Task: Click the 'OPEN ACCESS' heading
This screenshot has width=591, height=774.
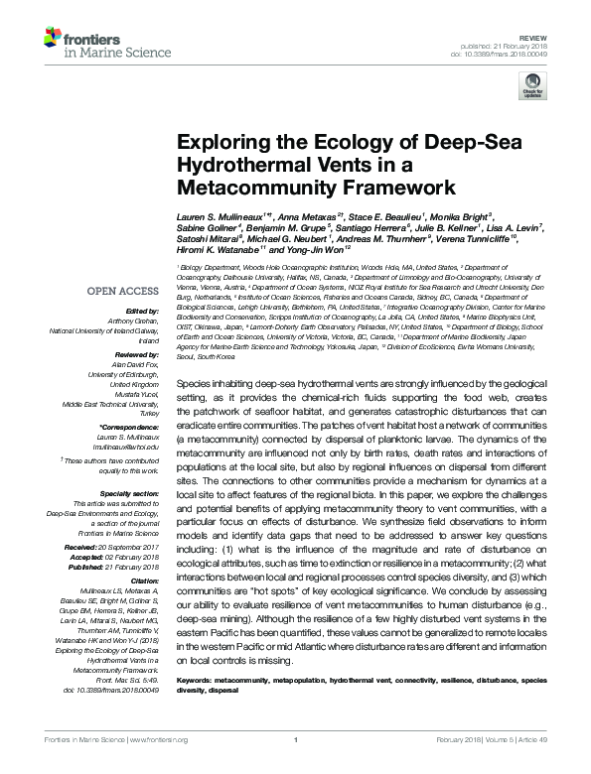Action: [124, 292]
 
